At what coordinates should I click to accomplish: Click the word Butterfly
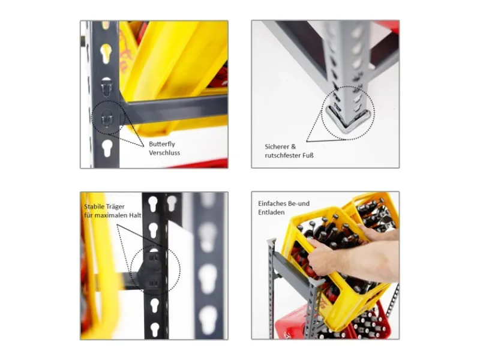162,144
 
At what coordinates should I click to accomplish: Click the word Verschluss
164,152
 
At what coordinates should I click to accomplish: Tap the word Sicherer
277,146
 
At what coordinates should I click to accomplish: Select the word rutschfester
281,155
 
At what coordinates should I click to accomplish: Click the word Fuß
307,155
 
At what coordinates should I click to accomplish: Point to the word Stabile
94,206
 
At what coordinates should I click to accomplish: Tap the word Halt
135,215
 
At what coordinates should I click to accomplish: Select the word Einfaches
272,203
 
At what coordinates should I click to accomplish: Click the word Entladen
271,212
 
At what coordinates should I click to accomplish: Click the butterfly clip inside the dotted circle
106,118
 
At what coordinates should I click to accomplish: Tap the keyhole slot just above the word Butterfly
107,148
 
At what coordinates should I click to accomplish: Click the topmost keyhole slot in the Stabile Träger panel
152,203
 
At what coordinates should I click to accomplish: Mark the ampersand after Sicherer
293,146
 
